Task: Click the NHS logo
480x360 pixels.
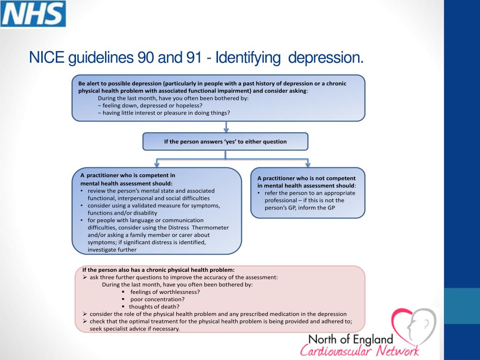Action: coord(33,14)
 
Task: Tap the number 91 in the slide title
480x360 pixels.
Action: coord(194,57)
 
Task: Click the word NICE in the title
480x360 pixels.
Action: coord(46,57)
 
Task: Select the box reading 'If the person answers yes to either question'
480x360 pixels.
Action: coord(225,142)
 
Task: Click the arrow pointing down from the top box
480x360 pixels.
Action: coord(226,127)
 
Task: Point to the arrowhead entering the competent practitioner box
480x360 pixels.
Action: coord(157,165)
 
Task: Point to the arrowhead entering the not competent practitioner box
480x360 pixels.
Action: coord(307,165)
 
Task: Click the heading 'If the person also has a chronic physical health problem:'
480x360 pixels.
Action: coord(158,270)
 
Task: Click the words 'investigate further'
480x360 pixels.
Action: coord(112,250)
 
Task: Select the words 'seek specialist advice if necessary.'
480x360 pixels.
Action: coord(135,329)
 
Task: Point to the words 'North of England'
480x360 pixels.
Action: coord(351,339)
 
